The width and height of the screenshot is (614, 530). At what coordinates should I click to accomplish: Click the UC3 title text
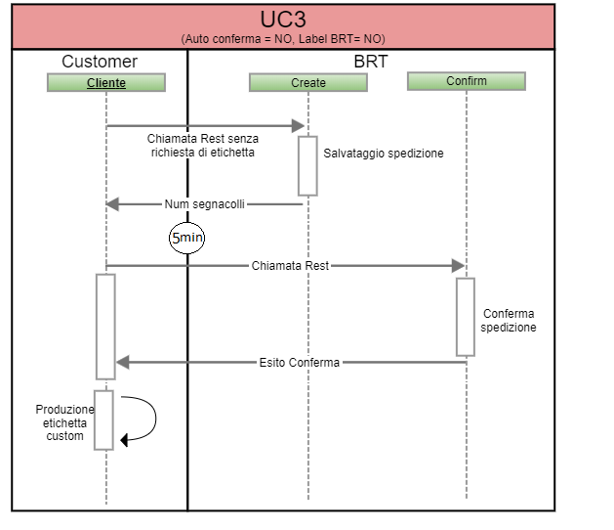pyautogui.click(x=283, y=20)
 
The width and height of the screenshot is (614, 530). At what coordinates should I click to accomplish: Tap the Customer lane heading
pyautogui.click(x=100, y=62)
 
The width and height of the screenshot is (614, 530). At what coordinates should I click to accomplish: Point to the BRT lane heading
pyautogui.click(x=370, y=62)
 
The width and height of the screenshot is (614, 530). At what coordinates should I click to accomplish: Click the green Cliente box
pyautogui.click(x=106, y=83)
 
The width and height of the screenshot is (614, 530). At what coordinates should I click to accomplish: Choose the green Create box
pyautogui.click(x=308, y=83)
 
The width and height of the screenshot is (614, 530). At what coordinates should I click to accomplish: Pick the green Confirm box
pyautogui.click(x=467, y=81)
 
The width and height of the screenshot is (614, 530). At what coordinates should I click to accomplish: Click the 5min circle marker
pyautogui.click(x=187, y=238)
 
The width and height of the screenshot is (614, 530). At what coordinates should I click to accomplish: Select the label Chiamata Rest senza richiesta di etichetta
pyautogui.click(x=202, y=146)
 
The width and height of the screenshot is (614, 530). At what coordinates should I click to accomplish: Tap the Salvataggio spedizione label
pyautogui.click(x=384, y=154)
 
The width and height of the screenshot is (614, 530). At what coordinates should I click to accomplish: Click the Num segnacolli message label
pyautogui.click(x=205, y=204)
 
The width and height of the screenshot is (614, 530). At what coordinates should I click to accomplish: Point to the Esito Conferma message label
pyautogui.click(x=300, y=363)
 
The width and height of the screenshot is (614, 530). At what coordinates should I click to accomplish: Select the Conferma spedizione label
pyautogui.click(x=508, y=321)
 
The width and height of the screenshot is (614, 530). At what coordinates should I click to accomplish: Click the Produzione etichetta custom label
pyautogui.click(x=65, y=422)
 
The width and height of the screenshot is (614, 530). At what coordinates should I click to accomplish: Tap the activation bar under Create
pyautogui.click(x=308, y=166)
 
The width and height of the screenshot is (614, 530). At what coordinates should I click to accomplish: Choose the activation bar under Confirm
pyautogui.click(x=466, y=317)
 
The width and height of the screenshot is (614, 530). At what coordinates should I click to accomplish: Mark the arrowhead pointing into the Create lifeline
pyautogui.click(x=300, y=125)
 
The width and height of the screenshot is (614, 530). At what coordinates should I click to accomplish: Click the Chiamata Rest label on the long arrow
pyautogui.click(x=290, y=266)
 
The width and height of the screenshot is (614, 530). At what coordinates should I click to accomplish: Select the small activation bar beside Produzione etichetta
pyautogui.click(x=104, y=420)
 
